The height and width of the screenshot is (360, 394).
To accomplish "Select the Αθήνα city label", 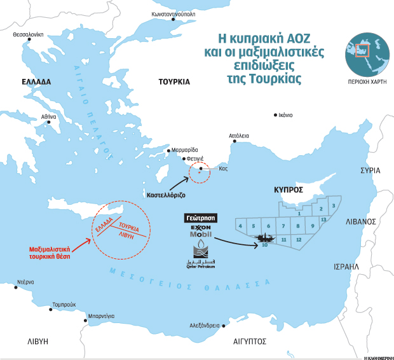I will coord(49,117).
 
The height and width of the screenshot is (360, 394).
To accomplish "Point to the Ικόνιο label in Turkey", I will coord(284,115).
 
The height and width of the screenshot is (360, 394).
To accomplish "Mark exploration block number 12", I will coord(298,239).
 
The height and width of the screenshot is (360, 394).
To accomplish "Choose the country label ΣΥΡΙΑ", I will coord(369,170).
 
